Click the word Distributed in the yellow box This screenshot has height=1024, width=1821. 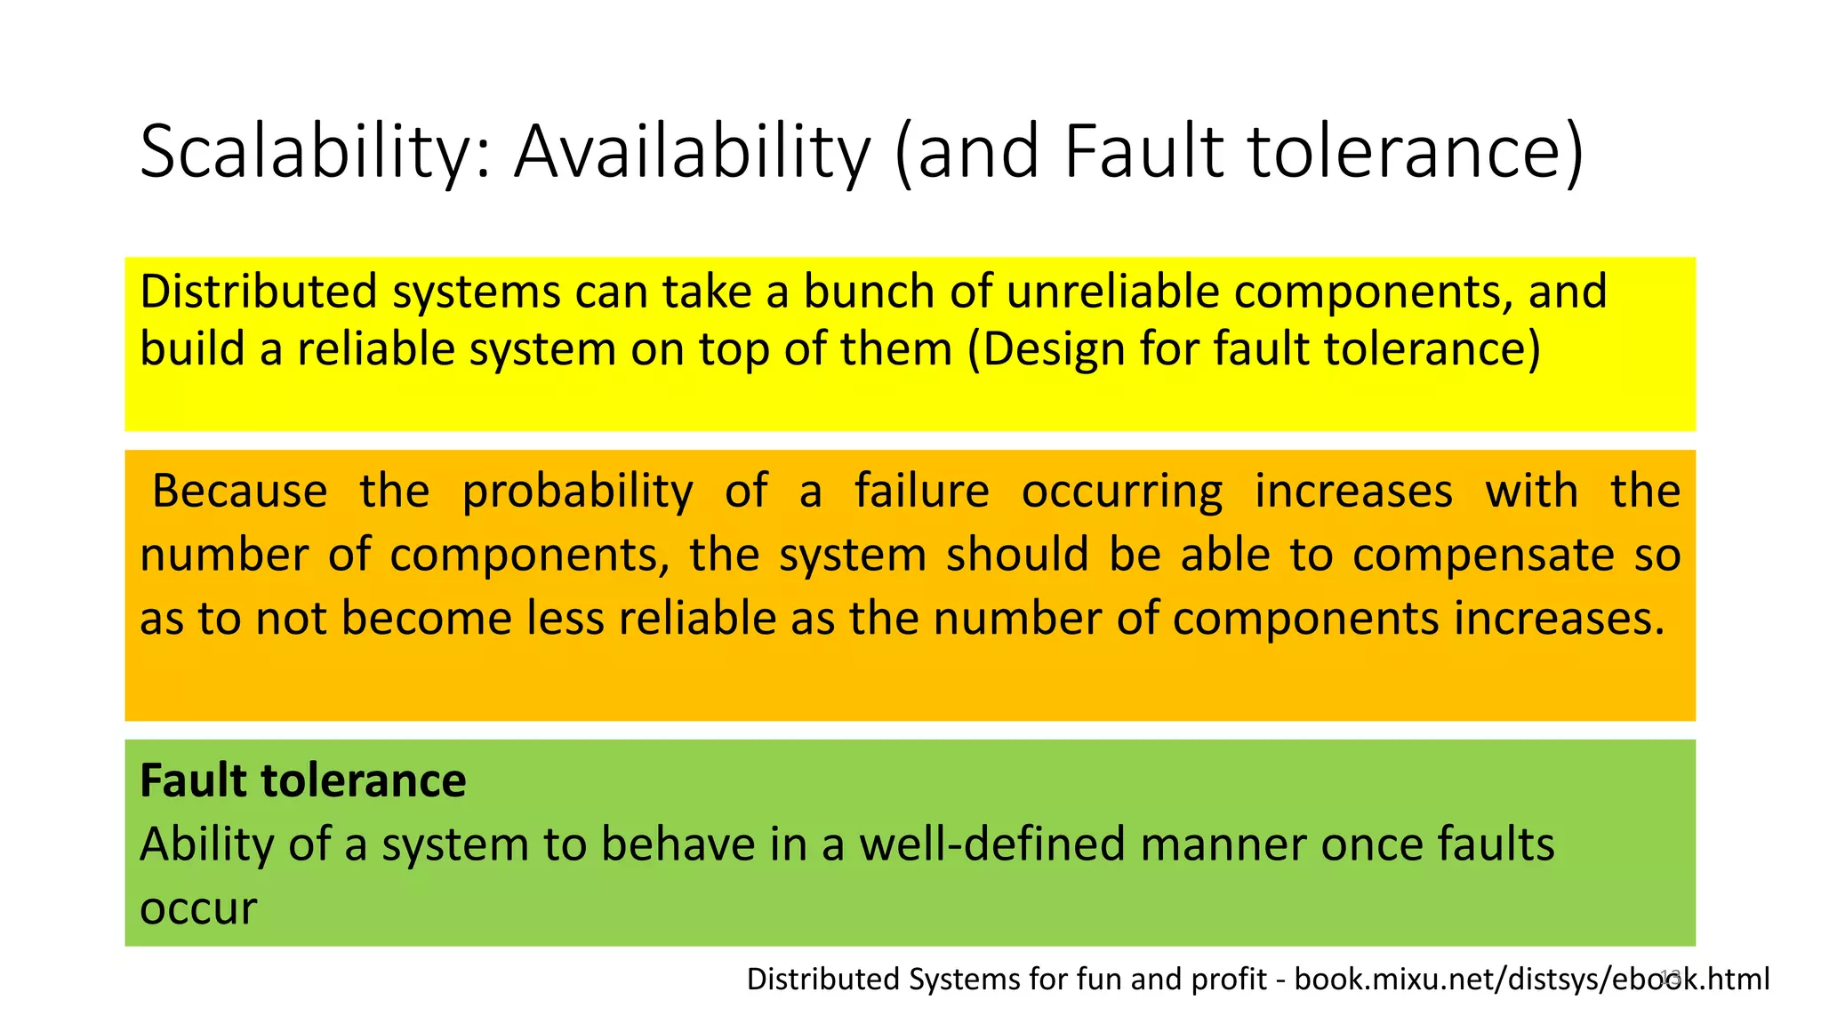(x=259, y=292)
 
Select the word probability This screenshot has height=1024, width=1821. (x=577, y=491)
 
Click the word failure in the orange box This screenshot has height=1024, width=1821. (x=922, y=491)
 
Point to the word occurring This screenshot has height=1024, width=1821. (x=1122, y=491)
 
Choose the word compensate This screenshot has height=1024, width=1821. (x=1483, y=555)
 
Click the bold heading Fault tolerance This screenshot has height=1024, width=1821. (x=303, y=780)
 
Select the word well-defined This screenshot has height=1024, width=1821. (x=992, y=844)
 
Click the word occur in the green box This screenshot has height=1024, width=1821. (x=198, y=908)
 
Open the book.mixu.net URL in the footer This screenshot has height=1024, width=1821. (x=1531, y=979)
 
